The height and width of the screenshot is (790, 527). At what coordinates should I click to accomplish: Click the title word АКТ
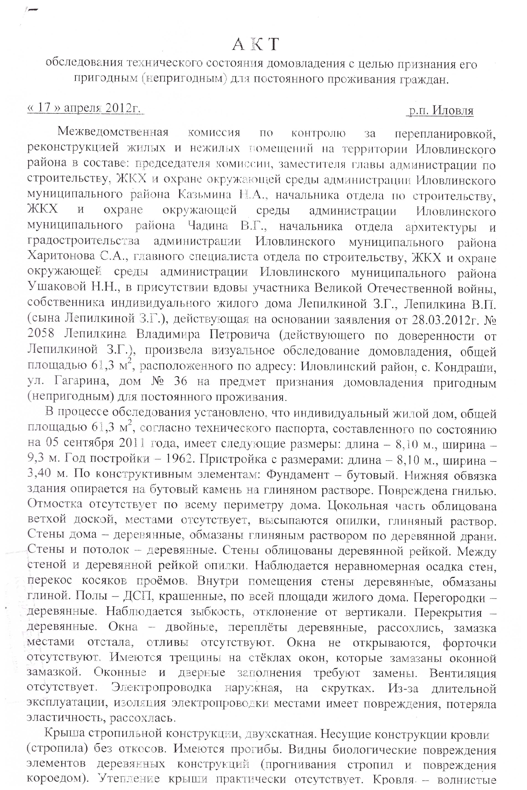pyautogui.click(x=255, y=45)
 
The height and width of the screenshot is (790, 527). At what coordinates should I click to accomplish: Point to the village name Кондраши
pyautogui.click(x=465, y=367)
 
